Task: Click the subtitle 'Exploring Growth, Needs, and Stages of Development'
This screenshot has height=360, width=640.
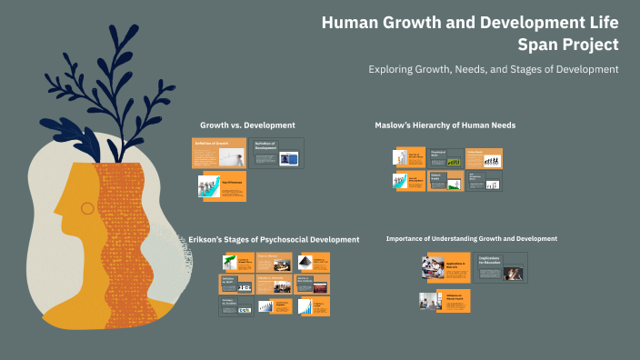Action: pos(494,69)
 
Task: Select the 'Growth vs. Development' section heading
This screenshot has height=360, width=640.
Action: pos(247,125)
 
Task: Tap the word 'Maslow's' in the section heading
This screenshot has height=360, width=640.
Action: pos(395,125)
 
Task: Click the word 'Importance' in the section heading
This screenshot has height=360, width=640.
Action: pos(406,238)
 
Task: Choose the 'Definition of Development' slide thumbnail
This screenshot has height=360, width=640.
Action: pos(276,153)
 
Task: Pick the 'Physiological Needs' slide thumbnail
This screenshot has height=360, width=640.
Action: pos(445,158)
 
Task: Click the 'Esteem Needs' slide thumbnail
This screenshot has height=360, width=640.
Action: pos(445,181)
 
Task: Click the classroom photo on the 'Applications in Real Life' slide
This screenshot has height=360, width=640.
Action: pos(434,267)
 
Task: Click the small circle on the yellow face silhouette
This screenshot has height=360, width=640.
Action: pos(87,208)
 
